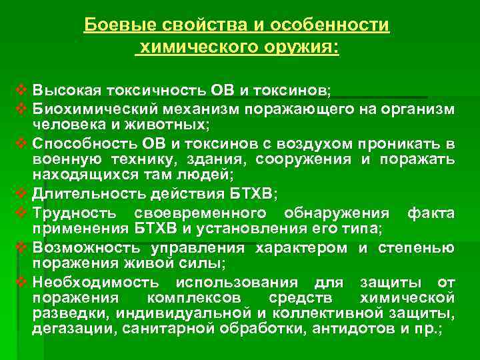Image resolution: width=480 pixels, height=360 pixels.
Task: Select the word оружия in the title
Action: coord(303,48)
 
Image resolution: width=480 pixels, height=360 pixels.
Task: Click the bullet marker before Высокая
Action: coord(19,89)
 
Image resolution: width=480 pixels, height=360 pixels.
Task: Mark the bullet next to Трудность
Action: coord(19,213)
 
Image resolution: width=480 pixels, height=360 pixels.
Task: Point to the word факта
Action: coord(431,213)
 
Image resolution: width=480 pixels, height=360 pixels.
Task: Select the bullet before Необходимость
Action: coord(19,282)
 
